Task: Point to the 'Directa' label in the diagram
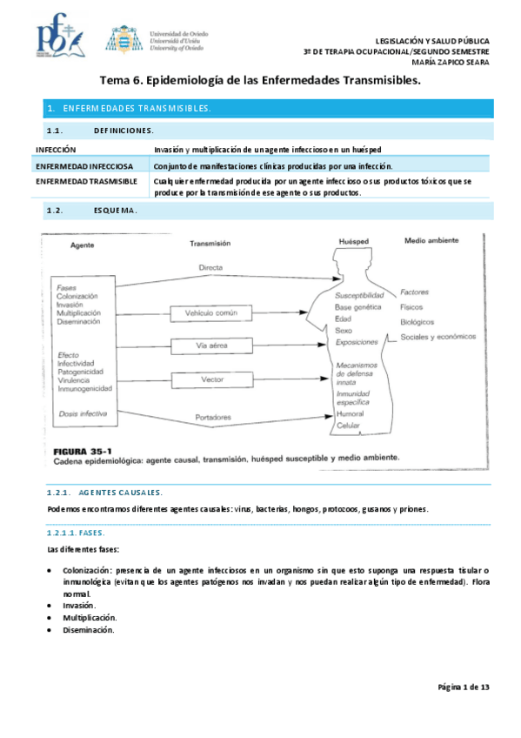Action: pyautogui.click(x=210, y=267)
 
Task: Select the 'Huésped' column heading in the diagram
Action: pyautogui.click(x=355, y=241)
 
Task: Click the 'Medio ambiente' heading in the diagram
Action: pyautogui.click(x=431, y=240)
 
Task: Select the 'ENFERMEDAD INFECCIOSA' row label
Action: pyautogui.click(x=84, y=165)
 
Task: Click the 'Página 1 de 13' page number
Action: pyautogui.click(x=463, y=688)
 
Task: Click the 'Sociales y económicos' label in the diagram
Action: pyautogui.click(x=438, y=337)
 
